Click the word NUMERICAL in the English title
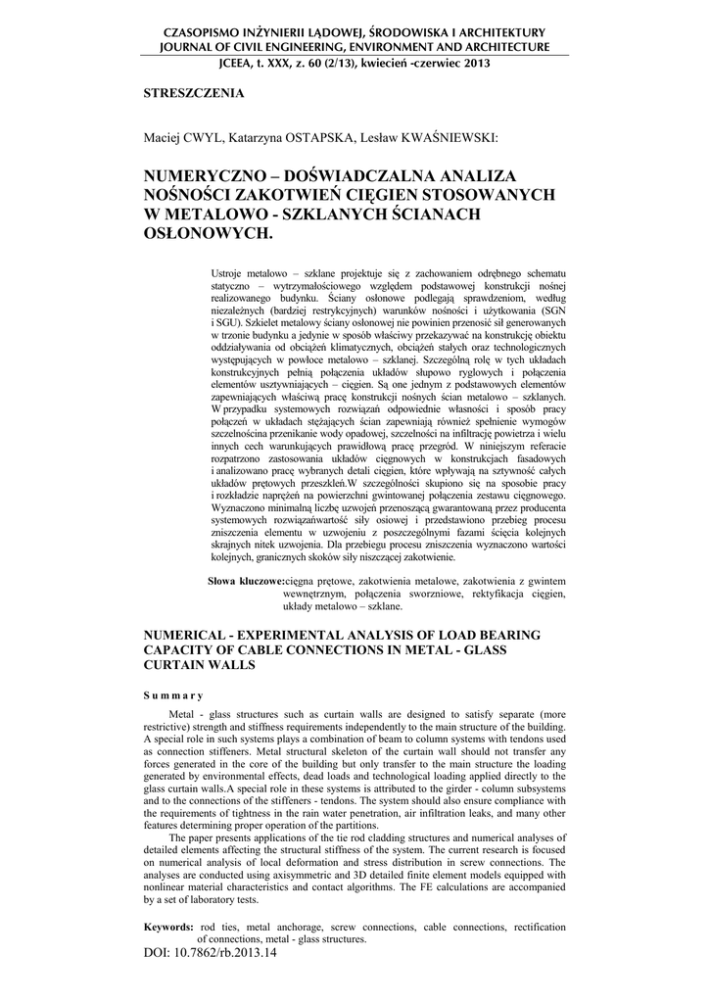(x=190, y=635)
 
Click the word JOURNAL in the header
(x=191, y=46)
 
